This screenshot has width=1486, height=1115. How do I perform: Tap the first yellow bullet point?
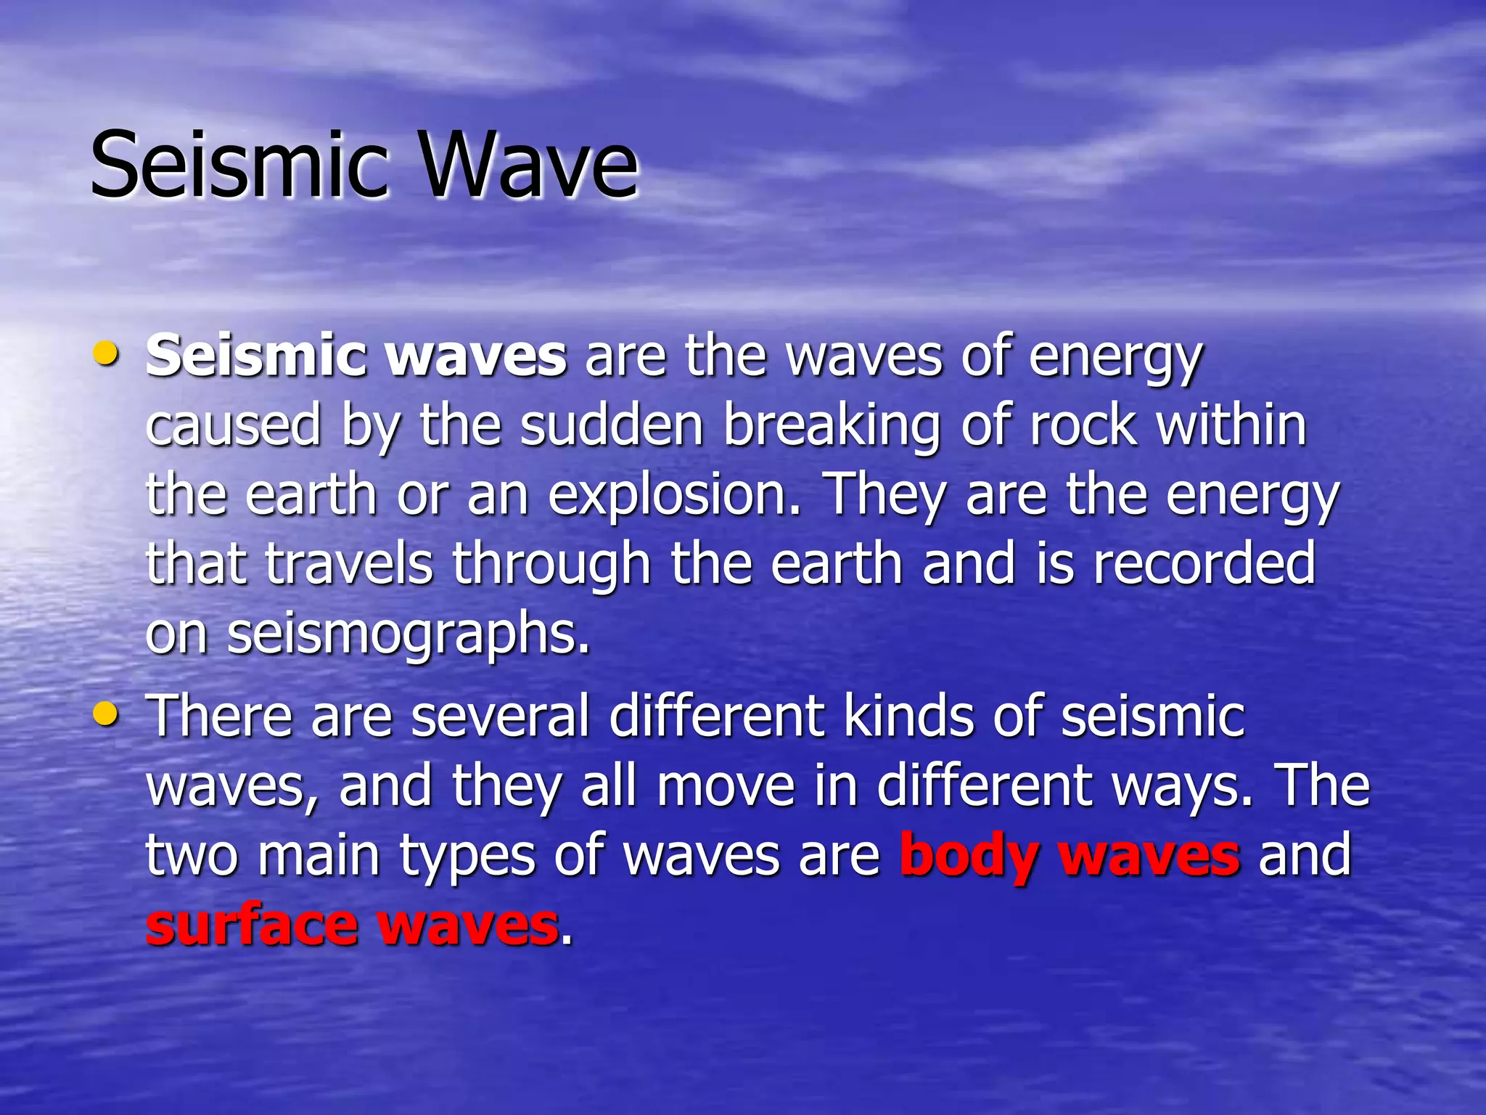106,354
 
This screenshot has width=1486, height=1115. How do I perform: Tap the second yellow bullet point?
106,714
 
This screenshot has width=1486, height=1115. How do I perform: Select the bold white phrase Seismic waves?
356,356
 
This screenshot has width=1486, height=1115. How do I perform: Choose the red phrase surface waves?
352,926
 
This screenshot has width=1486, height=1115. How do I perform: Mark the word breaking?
832,426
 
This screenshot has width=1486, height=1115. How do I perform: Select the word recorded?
1204,563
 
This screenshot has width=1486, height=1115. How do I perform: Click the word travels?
349,563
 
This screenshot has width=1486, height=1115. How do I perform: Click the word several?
500,716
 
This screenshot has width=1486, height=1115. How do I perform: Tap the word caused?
233,426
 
